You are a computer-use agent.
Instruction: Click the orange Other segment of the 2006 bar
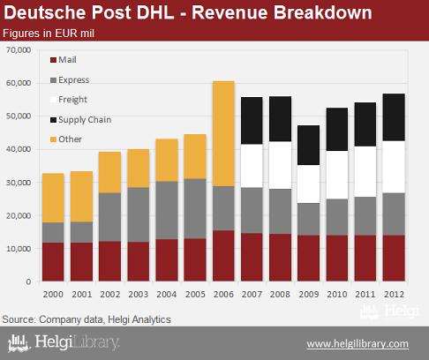point(223,133)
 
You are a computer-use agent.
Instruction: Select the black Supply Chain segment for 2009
point(308,145)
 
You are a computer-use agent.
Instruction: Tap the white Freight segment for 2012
point(394,167)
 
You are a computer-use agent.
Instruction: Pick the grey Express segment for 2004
point(167,210)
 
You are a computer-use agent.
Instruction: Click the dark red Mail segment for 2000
point(53,262)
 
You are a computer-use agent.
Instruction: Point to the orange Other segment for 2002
point(109,172)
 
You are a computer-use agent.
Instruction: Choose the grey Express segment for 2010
point(337,217)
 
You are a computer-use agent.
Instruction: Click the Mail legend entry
point(64,60)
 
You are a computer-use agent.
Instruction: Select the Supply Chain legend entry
point(81,120)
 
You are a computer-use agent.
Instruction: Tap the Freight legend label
point(72,100)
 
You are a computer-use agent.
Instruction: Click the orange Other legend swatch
point(53,139)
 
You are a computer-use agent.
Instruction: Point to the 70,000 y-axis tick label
point(19,50)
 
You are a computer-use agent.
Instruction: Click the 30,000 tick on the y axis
point(19,183)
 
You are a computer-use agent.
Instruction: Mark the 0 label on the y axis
point(28,281)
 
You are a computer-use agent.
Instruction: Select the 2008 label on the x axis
point(280,294)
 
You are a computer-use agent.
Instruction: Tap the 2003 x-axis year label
point(139,294)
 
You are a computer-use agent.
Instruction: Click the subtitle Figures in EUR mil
point(49,34)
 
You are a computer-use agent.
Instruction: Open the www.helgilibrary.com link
point(357,344)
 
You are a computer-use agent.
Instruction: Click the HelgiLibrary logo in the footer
point(64,343)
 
